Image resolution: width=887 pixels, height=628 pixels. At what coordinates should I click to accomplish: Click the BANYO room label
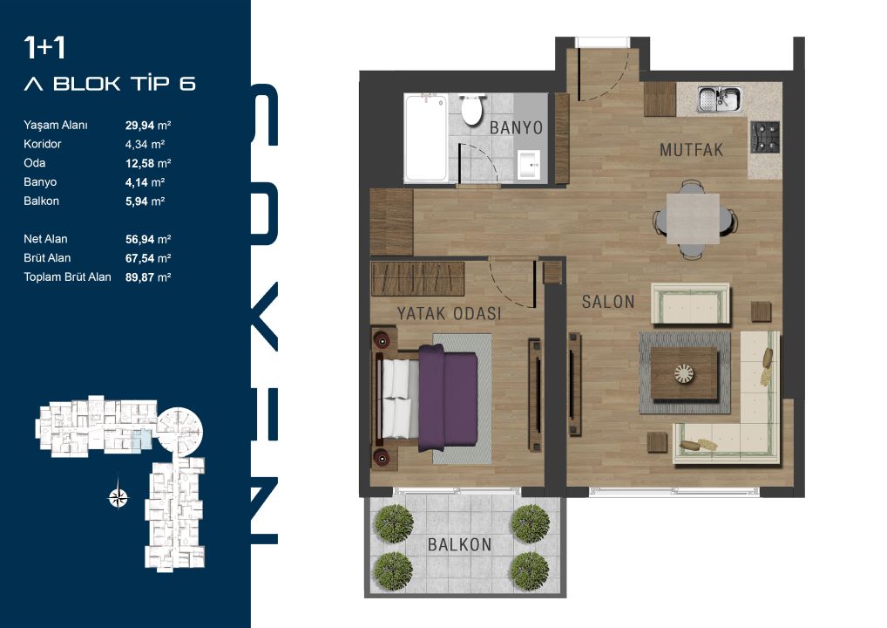516,128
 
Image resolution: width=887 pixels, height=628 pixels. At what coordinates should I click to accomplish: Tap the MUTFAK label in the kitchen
691,150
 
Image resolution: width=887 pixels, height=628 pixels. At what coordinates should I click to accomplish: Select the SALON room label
608,302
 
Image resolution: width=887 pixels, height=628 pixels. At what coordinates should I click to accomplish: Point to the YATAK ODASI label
449,313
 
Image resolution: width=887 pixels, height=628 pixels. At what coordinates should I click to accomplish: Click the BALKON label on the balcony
459,545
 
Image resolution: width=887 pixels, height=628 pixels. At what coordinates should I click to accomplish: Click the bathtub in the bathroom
426,138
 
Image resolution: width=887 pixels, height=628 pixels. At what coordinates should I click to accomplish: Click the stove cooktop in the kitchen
765,137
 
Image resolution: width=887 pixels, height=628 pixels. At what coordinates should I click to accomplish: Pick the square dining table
693,219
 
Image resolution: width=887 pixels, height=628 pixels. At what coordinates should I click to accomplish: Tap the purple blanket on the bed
448,398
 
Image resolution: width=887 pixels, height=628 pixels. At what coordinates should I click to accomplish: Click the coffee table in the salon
684,373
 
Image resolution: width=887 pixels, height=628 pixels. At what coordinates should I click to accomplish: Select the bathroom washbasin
529,164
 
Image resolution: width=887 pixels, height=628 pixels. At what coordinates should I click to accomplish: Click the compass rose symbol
118,498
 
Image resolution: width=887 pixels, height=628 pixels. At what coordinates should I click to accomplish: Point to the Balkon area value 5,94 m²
145,201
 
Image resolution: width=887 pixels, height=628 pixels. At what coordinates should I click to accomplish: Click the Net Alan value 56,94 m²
148,239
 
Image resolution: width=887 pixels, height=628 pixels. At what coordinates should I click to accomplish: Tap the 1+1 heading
44,48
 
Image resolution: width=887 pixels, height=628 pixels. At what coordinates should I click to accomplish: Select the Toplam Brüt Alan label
67,276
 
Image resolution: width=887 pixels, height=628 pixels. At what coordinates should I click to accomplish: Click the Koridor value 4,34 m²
145,145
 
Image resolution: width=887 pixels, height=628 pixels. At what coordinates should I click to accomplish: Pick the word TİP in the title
151,83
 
